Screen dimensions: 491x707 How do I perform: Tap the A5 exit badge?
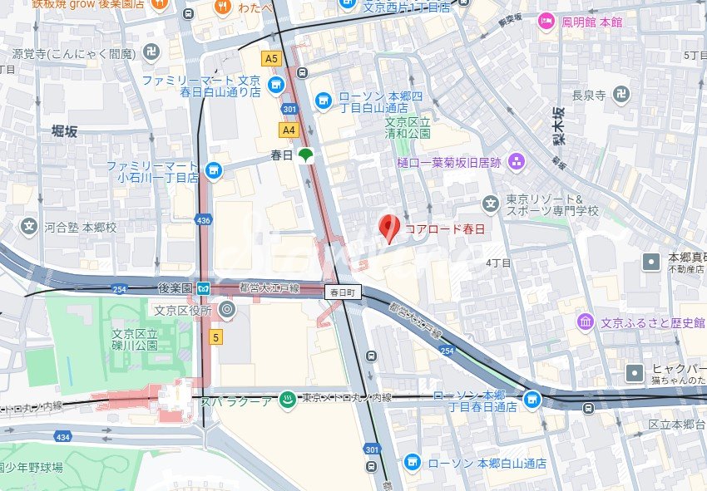click(271, 59)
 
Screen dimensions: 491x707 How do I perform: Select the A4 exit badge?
click(289, 130)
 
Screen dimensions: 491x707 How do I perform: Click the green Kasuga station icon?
click(306, 155)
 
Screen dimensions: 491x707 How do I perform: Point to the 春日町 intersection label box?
click(342, 292)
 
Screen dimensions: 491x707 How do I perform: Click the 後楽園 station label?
click(175, 287)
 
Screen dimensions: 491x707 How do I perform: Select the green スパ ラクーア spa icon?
click(287, 399)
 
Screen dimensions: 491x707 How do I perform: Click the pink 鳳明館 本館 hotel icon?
click(546, 22)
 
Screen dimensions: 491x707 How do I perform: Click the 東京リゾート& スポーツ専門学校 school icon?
click(492, 202)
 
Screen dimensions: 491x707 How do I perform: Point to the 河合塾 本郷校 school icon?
click(30, 226)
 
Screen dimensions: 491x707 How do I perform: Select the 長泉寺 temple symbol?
click(620, 96)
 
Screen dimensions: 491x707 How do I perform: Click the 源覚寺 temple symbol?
click(151, 53)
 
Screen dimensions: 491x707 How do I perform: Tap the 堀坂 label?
click(64, 131)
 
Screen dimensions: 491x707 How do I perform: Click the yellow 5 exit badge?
click(215, 337)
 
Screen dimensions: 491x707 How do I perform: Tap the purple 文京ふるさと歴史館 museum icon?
click(586, 321)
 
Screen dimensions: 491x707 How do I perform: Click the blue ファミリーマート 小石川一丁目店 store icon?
click(215, 171)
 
